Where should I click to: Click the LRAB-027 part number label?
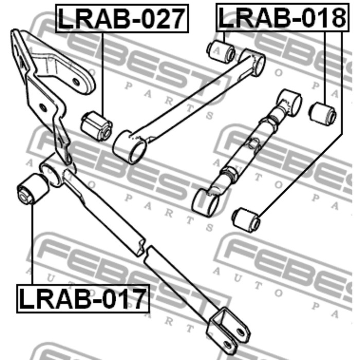click(x=121, y=19)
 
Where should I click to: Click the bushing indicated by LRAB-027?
click(x=96, y=124)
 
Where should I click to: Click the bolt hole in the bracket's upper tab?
click(x=77, y=82)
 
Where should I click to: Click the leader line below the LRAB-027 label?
click(x=103, y=72)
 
